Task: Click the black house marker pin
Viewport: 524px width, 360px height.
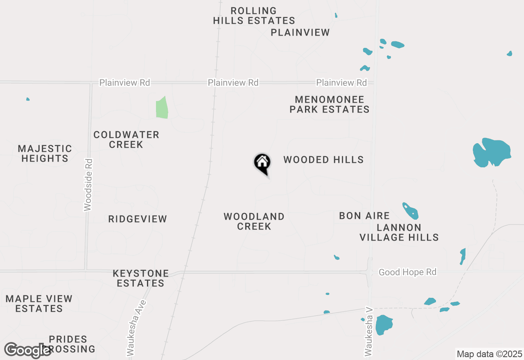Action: click(x=262, y=163)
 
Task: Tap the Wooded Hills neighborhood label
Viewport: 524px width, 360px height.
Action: click(x=323, y=160)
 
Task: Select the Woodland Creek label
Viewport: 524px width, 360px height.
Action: click(x=254, y=221)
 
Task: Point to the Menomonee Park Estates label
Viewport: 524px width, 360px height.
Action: click(x=330, y=104)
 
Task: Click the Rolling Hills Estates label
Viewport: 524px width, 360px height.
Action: click(x=254, y=16)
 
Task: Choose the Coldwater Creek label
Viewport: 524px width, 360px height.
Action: click(x=126, y=139)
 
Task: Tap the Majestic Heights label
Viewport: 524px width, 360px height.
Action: click(x=45, y=153)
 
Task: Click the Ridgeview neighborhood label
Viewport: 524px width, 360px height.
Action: click(x=138, y=219)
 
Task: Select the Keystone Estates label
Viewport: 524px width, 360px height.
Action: click(x=141, y=278)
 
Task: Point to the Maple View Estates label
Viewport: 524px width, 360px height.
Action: click(x=39, y=304)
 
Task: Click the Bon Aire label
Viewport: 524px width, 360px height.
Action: click(x=364, y=216)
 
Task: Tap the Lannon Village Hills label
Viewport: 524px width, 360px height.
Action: click(x=399, y=232)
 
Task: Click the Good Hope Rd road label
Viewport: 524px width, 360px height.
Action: click(x=407, y=272)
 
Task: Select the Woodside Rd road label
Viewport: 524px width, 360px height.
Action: click(x=88, y=184)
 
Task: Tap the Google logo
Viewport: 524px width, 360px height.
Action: click(x=27, y=350)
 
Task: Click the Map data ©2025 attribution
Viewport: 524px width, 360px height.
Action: click(x=490, y=354)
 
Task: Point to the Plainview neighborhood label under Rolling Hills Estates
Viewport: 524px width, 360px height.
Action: click(x=300, y=32)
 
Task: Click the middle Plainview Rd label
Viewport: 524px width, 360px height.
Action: click(x=233, y=83)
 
